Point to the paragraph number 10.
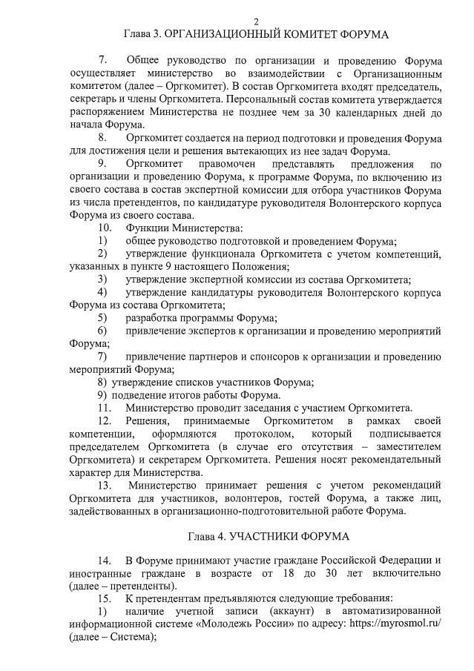click(x=105, y=227)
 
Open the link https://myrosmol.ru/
click(x=393, y=625)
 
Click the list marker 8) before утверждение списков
click(x=103, y=382)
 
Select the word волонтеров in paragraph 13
click(x=222, y=498)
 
